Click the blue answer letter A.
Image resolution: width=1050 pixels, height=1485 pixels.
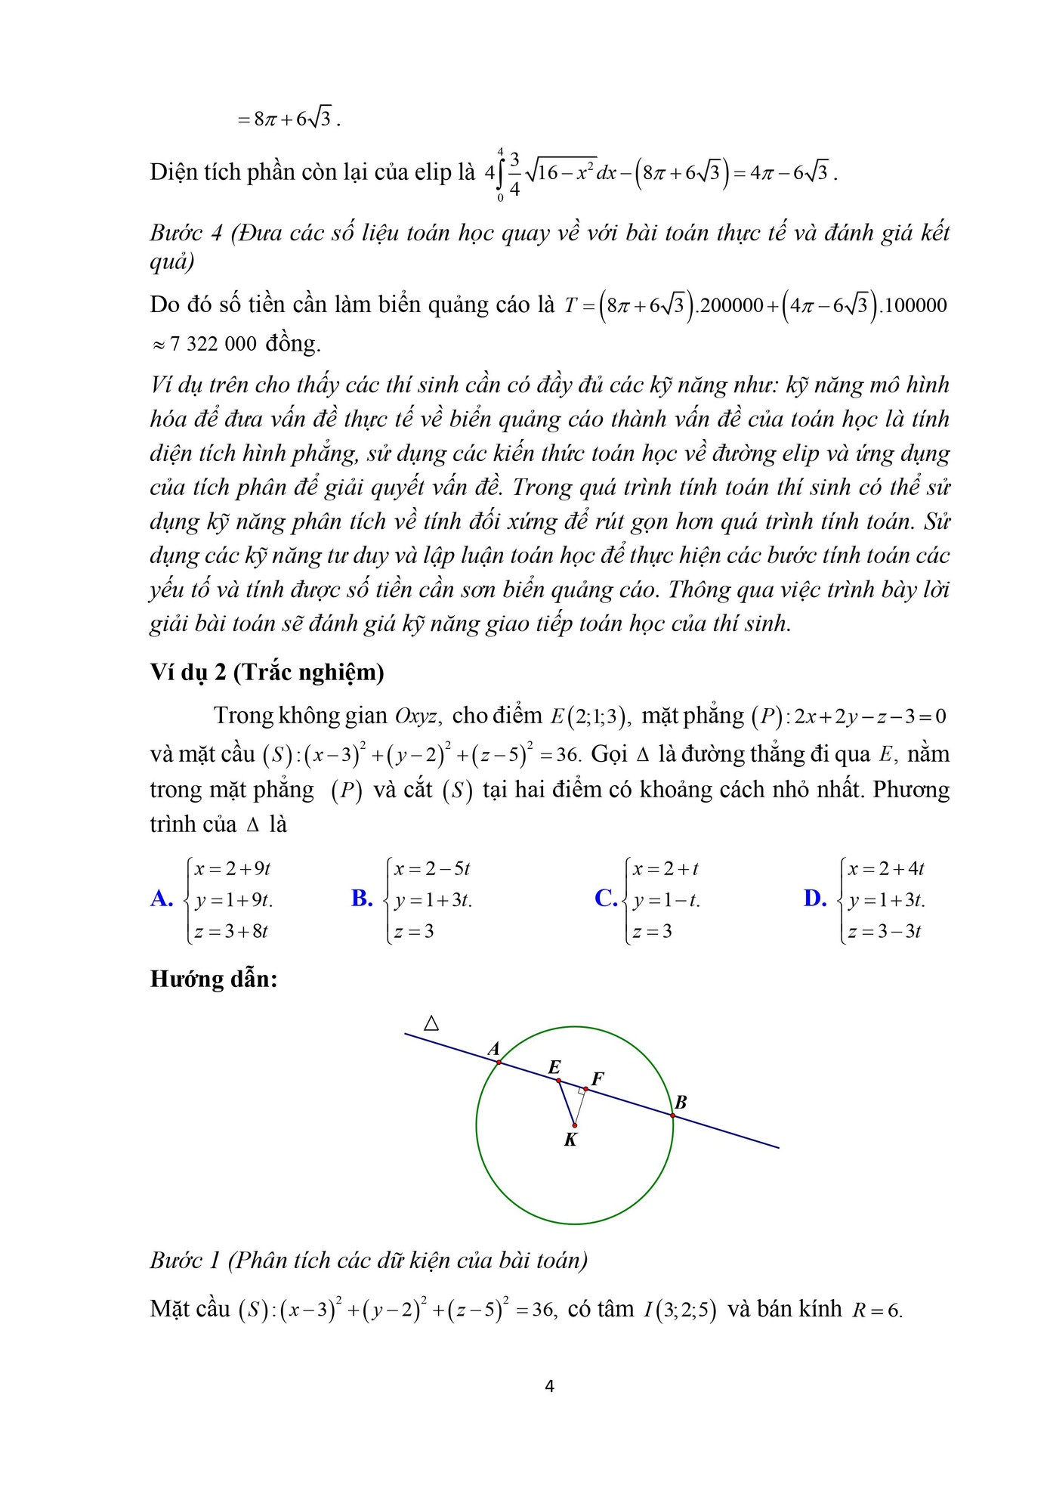[x=162, y=898]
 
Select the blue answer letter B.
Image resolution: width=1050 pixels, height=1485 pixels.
[x=362, y=898]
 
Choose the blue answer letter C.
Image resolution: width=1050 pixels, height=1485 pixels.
[x=605, y=898]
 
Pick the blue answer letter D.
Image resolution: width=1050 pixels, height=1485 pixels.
[x=814, y=898]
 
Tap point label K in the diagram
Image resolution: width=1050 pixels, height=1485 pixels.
[x=570, y=1140]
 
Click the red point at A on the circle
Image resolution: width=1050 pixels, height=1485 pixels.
[x=499, y=1062]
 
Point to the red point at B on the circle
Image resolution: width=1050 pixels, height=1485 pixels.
[x=672, y=1115]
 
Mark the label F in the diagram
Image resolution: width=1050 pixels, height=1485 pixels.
[x=598, y=1078]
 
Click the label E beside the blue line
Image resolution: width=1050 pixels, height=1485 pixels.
[x=554, y=1067]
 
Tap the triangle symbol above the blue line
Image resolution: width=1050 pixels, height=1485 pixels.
[x=431, y=1023]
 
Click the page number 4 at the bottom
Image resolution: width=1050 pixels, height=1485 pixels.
[x=549, y=1386]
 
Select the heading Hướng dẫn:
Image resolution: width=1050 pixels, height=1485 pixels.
[x=214, y=979]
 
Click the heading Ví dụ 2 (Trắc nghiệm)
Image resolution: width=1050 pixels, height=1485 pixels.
[x=267, y=672]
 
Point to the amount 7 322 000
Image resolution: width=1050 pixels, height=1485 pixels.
[x=214, y=344]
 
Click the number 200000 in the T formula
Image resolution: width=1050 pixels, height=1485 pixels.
[x=731, y=305]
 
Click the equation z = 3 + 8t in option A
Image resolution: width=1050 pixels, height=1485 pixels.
[x=231, y=931]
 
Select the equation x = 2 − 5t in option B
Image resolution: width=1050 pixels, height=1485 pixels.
[x=431, y=869]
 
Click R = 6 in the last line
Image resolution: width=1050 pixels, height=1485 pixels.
[x=876, y=1310]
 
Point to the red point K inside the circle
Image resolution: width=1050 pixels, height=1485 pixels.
[x=575, y=1125]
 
